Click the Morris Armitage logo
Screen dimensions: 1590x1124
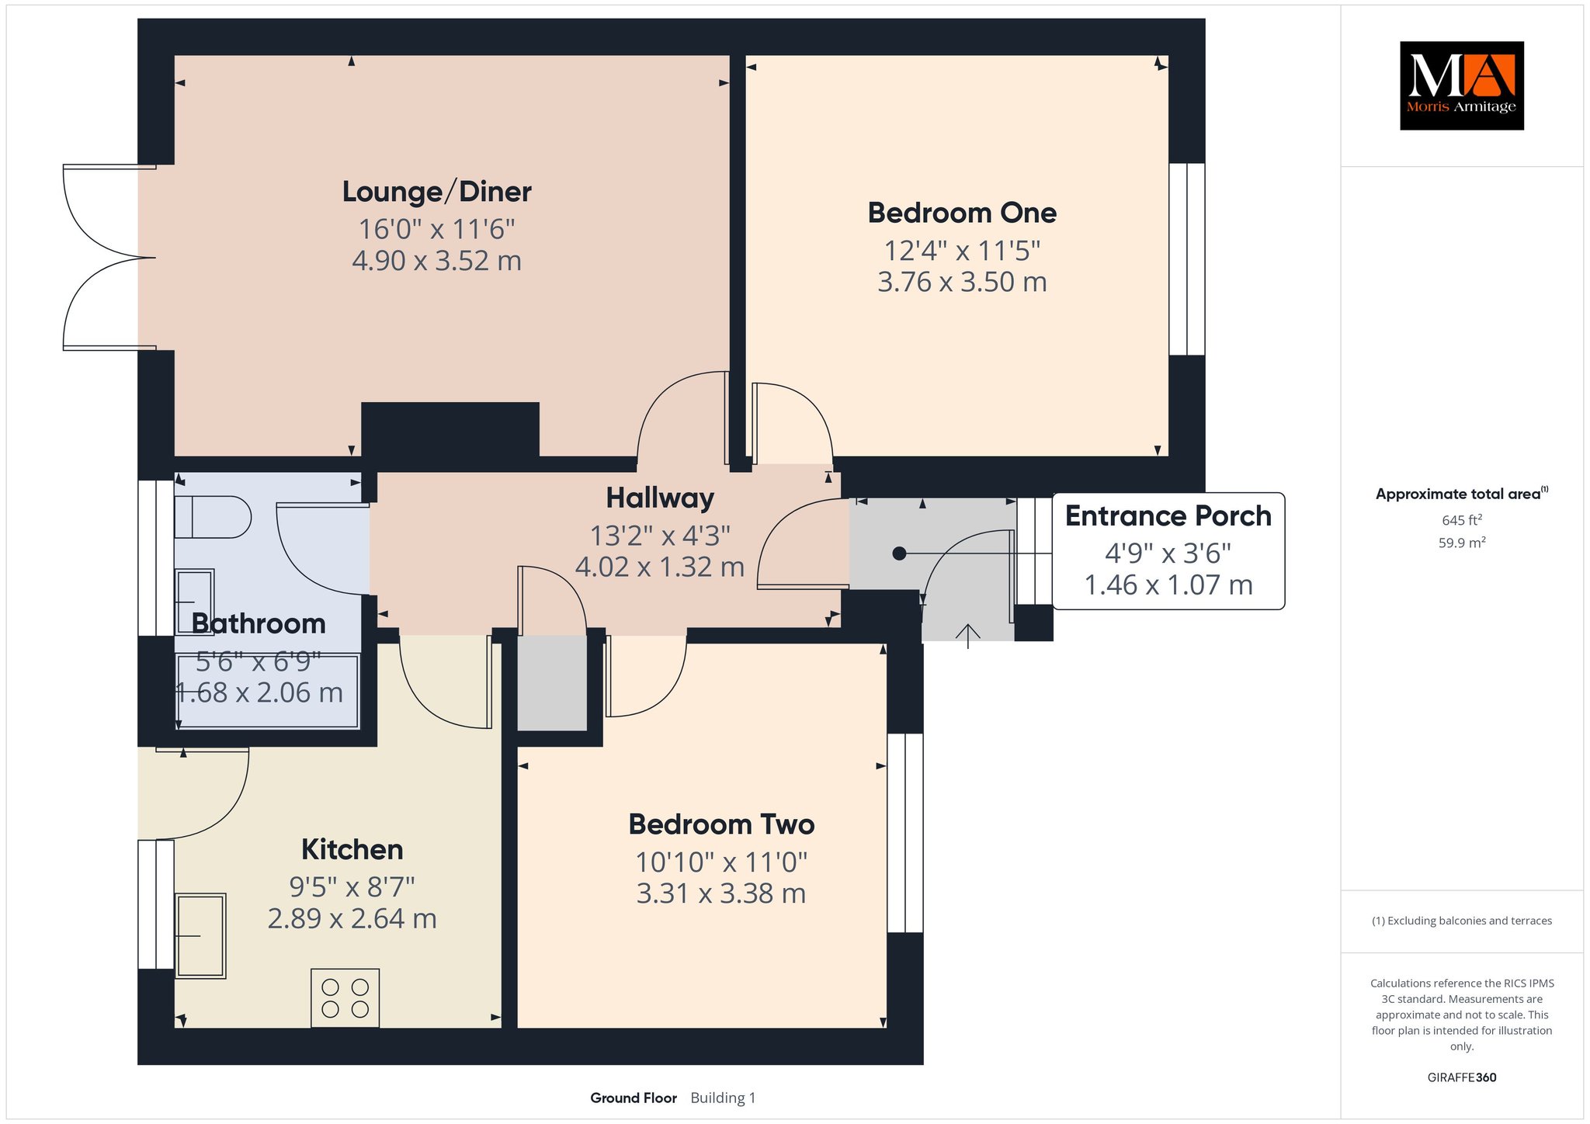point(1461,85)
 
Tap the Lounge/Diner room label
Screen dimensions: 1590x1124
point(437,192)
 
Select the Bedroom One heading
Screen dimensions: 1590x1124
point(962,213)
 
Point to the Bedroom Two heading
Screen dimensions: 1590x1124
point(721,824)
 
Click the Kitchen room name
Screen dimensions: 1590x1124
point(352,849)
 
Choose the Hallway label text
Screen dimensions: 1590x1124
point(660,498)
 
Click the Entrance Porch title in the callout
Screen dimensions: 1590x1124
point(1168,516)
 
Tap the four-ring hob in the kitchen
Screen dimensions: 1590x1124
point(345,997)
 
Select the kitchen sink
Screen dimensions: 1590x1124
point(201,935)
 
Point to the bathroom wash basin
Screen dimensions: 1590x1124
point(194,602)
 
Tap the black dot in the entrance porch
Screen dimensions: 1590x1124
point(899,553)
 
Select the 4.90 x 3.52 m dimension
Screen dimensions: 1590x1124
point(436,261)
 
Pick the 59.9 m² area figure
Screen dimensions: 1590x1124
point(1461,543)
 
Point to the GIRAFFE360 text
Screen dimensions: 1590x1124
point(1461,1077)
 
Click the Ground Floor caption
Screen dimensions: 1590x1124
point(634,1098)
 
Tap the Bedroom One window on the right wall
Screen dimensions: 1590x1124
point(1187,259)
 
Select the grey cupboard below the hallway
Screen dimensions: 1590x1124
point(552,683)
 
